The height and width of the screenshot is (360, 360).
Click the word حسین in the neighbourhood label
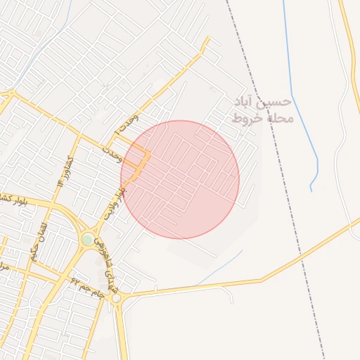pyautogui.click(x=273, y=103)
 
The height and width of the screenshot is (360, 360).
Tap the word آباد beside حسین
pyautogui.click(x=246, y=103)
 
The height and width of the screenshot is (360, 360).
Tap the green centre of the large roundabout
pyautogui.click(x=86, y=240)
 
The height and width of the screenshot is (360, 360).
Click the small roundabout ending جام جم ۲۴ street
pyautogui.click(x=116, y=299)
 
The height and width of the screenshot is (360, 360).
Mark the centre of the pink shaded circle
pyautogui.click(x=180, y=179)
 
